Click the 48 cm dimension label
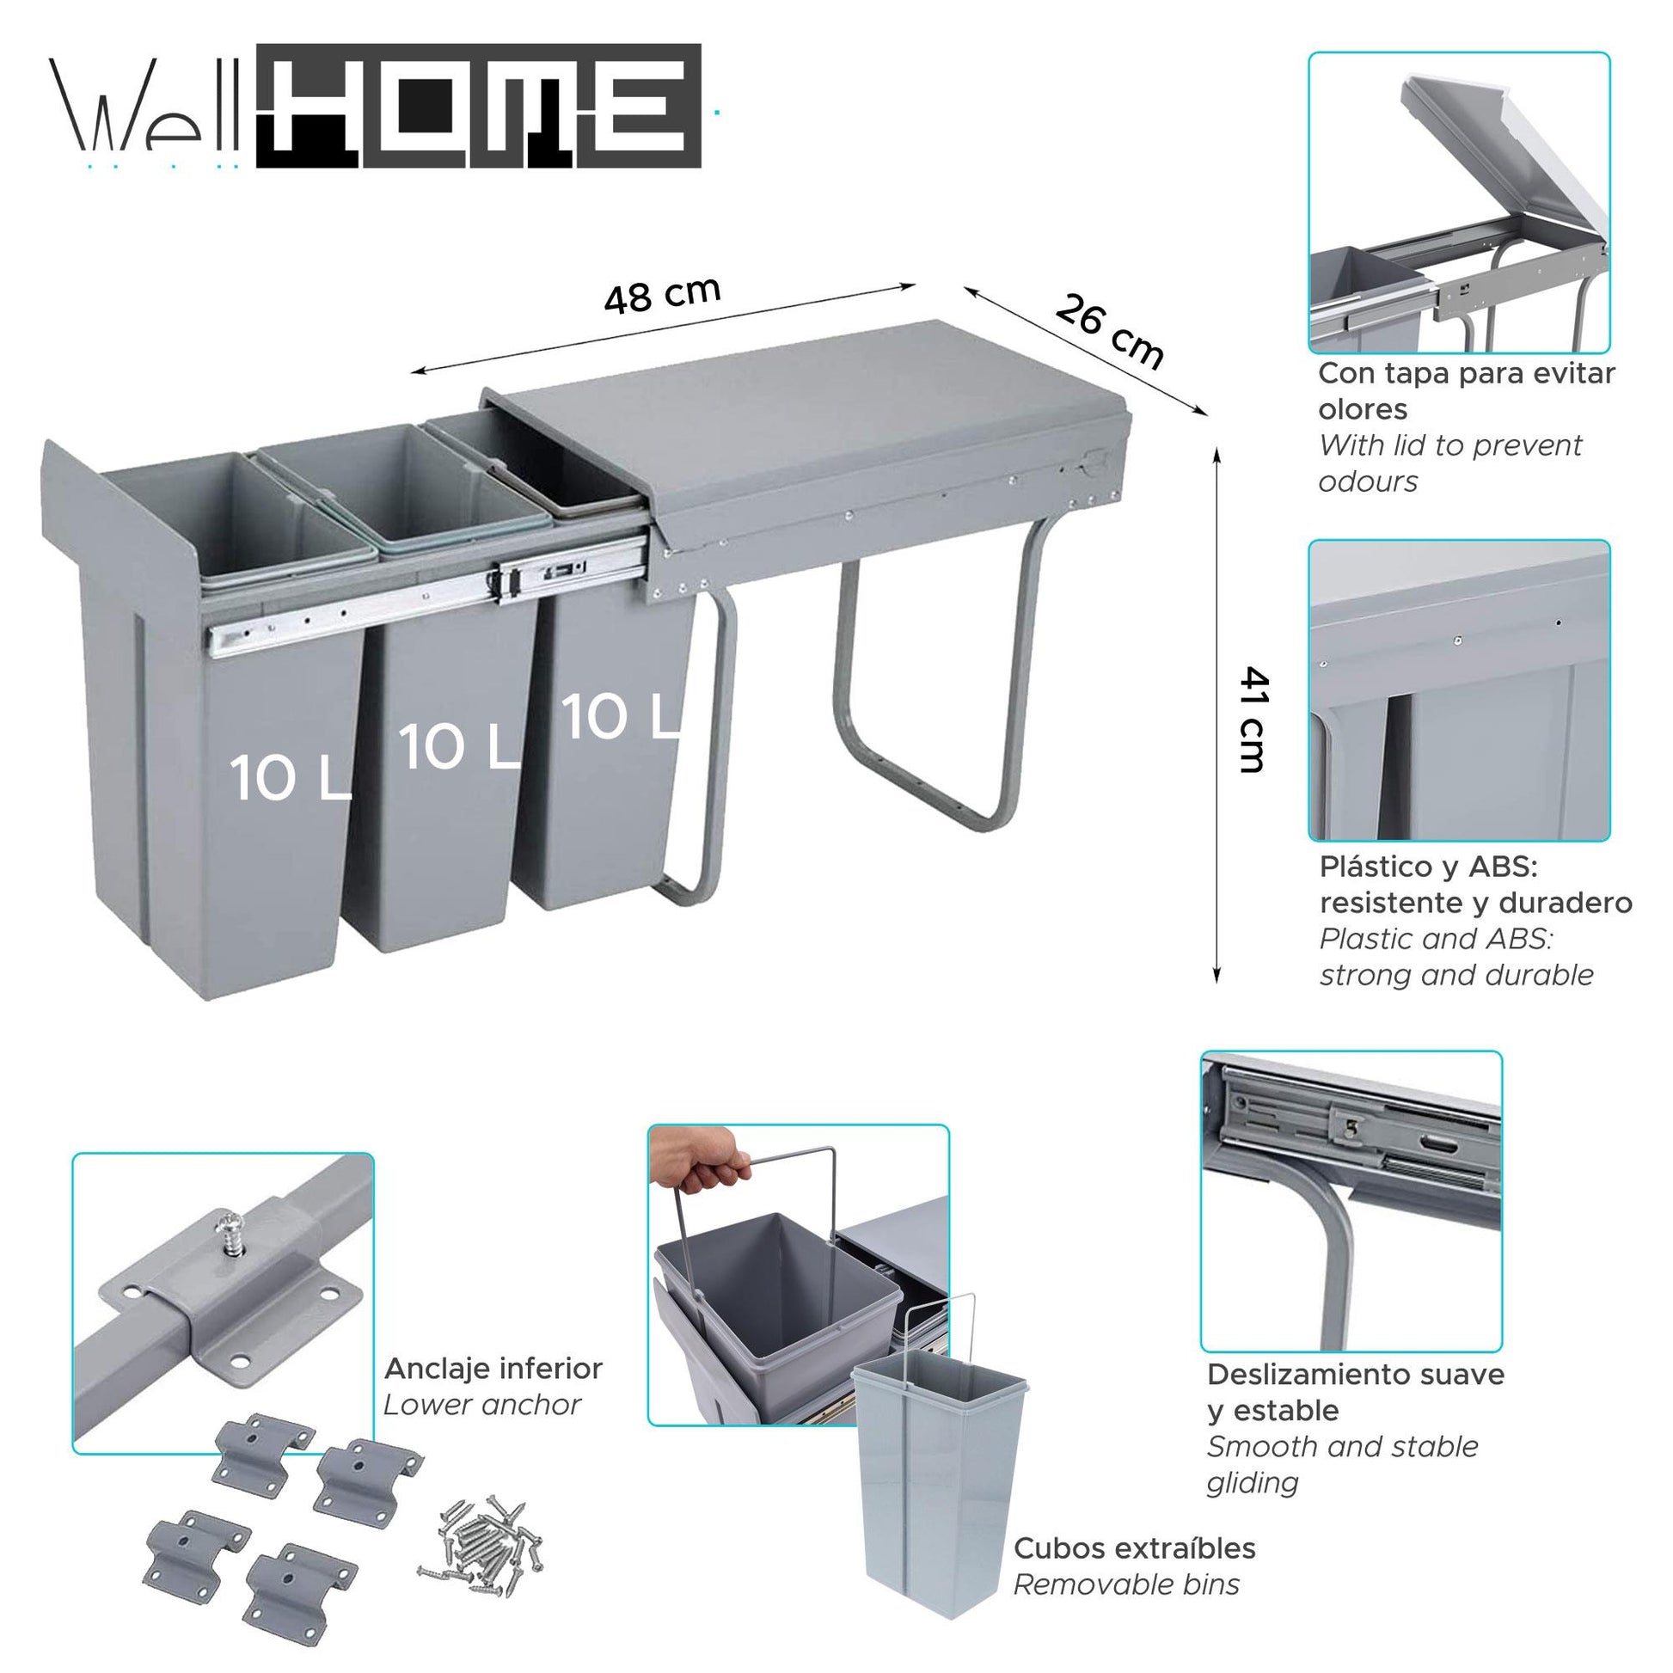click(663, 296)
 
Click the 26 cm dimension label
click(1109, 332)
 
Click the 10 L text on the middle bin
click(459, 748)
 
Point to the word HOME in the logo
click(479, 107)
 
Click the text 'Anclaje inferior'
click(493, 1369)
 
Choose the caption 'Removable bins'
click(1125, 1585)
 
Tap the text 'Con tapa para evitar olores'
click(1465, 390)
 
